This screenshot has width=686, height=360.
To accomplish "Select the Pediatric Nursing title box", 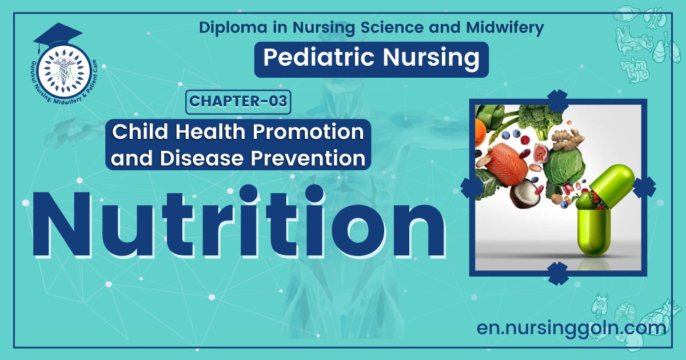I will (371, 59).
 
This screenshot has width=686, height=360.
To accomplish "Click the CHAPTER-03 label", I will (238, 102).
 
